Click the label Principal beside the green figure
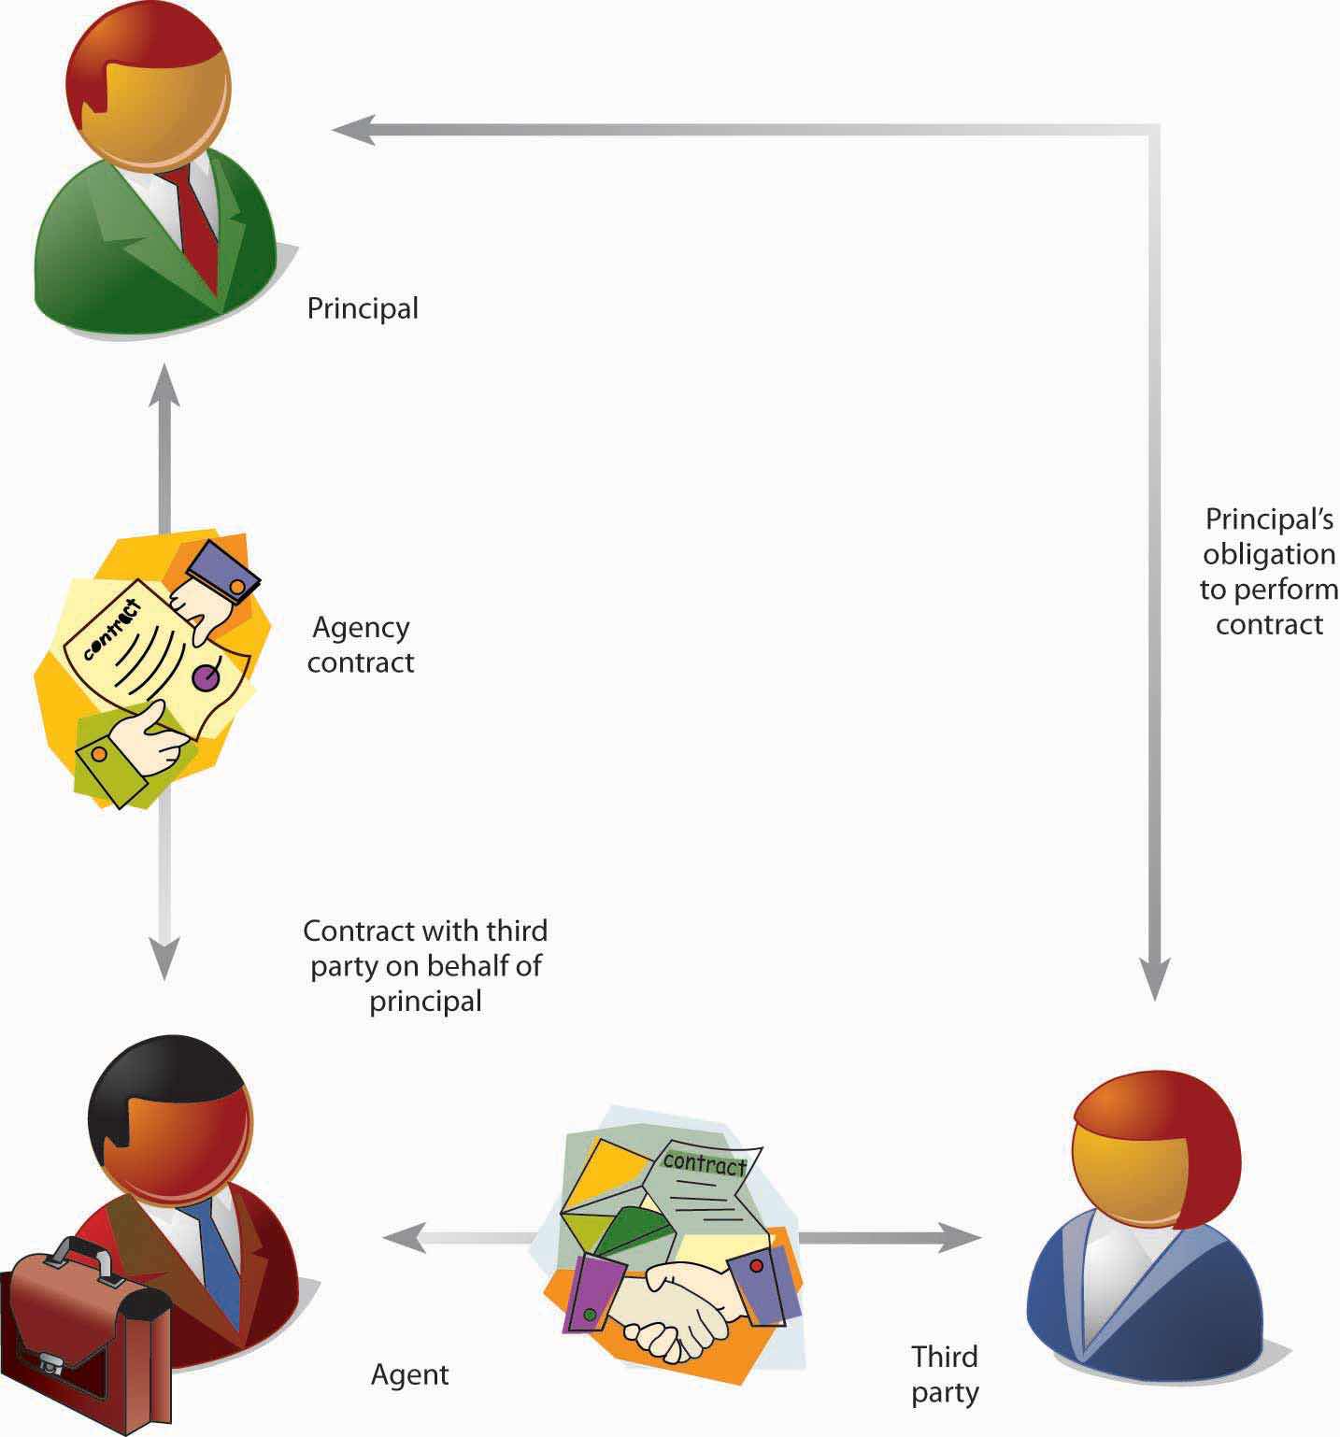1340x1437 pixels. tap(363, 308)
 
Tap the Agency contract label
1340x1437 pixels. tap(361, 645)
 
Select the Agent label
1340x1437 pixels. tap(409, 1374)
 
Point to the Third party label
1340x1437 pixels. tap(945, 1374)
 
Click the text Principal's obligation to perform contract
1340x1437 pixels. tap(1268, 571)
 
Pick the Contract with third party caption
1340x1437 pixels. tap(425, 966)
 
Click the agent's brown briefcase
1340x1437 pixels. tap(89, 1336)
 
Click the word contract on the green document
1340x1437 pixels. tap(703, 1162)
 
